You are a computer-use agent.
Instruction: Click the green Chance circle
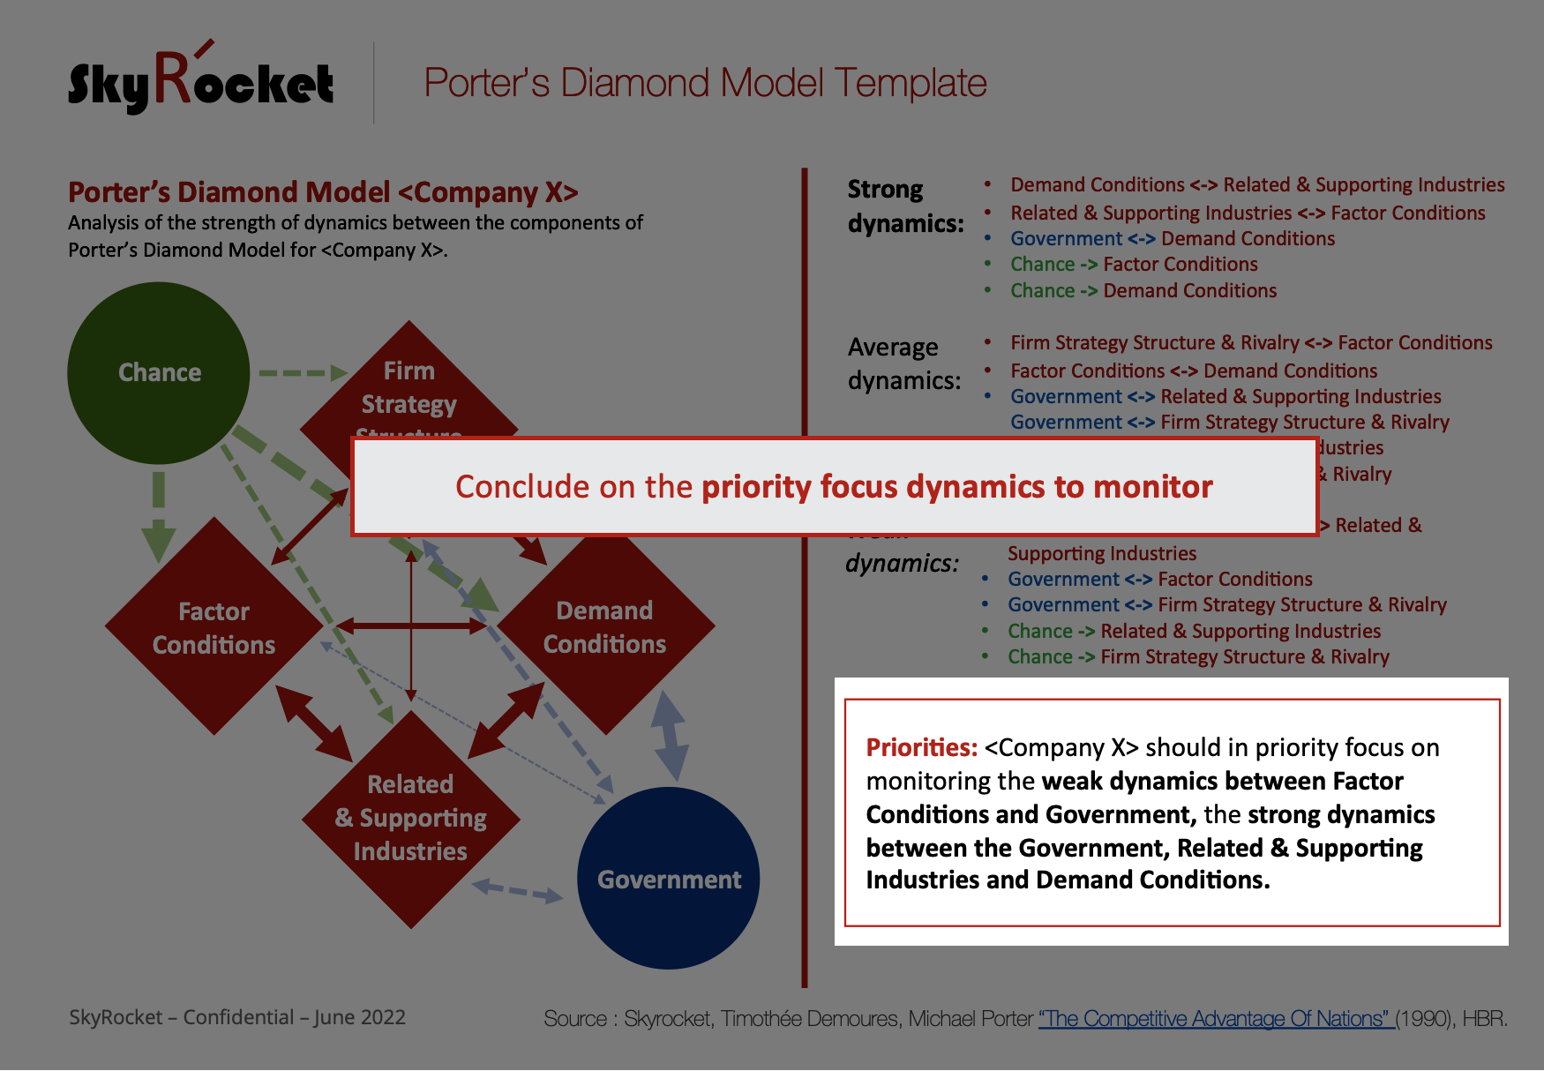tap(159, 372)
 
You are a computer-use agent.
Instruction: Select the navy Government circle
tap(669, 879)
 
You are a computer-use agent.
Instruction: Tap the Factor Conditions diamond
tap(214, 627)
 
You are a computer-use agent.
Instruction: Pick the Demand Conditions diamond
tap(605, 627)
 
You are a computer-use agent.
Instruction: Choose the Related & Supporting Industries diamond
tap(410, 818)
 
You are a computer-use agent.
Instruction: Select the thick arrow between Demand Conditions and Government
tap(670, 736)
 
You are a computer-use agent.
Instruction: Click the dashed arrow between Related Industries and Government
tap(518, 891)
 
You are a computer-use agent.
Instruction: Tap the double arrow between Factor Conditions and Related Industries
tap(315, 723)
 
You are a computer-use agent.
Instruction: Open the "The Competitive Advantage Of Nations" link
tap(1215, 1019)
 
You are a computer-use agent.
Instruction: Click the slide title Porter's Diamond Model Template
tap(705, 83)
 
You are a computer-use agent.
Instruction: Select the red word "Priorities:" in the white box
tap(921, 748)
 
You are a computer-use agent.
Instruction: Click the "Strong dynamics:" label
tap(904, 206)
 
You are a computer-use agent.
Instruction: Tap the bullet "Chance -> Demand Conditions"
tap(1143, 290)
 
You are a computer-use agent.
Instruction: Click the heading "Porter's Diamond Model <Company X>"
tap(323, 191)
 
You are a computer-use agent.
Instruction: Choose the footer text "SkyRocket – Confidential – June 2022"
tap(237, 1017)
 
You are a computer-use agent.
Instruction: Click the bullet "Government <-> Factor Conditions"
tap(1159, 579)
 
